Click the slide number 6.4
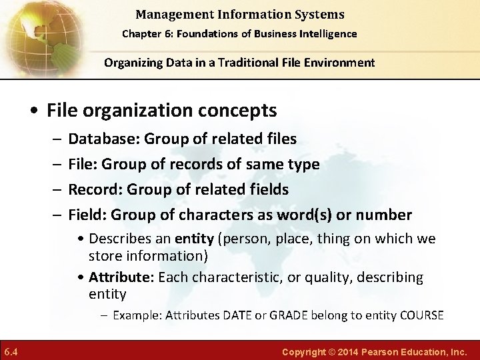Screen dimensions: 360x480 10,351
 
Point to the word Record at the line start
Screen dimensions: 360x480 92,189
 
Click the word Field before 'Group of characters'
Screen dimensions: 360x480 87,215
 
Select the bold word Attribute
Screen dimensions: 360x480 116,277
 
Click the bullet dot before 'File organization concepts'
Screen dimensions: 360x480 36,110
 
